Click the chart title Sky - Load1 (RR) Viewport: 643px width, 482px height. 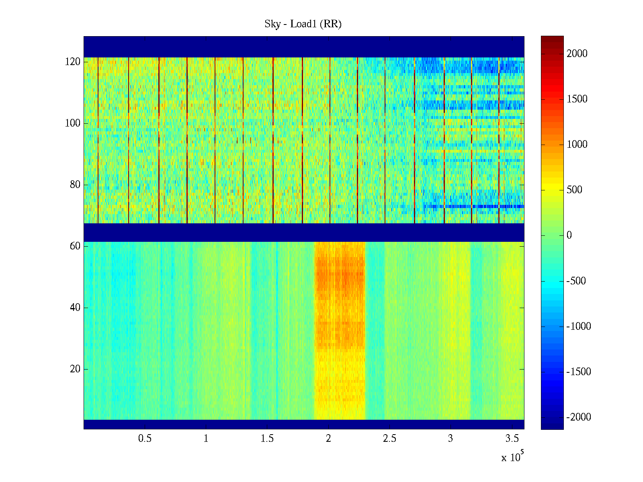pos(303,24)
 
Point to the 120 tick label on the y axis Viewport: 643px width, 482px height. pos(73,62)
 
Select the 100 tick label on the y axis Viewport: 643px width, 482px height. pos(73,123)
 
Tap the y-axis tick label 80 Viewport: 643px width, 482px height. pos(75,185)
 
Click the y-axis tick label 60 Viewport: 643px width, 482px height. pos(75,246)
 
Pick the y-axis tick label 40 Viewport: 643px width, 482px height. pos(75,308)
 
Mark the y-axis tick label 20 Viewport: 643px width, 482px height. pos(75,369)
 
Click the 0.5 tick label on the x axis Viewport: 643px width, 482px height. pos(145,439)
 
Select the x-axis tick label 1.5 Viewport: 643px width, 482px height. pos(267,439)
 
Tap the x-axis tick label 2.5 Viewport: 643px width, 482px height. pos(389,439)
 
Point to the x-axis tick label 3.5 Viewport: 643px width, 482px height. pos(512,439)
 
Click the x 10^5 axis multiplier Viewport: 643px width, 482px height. pos(512,457)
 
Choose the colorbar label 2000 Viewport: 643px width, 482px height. pos(577,54)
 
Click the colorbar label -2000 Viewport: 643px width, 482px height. pos(579,417)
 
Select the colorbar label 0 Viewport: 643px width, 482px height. pos(569,235)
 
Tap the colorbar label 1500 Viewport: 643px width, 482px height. pos(577,99)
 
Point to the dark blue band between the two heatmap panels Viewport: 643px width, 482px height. pos(304,233)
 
